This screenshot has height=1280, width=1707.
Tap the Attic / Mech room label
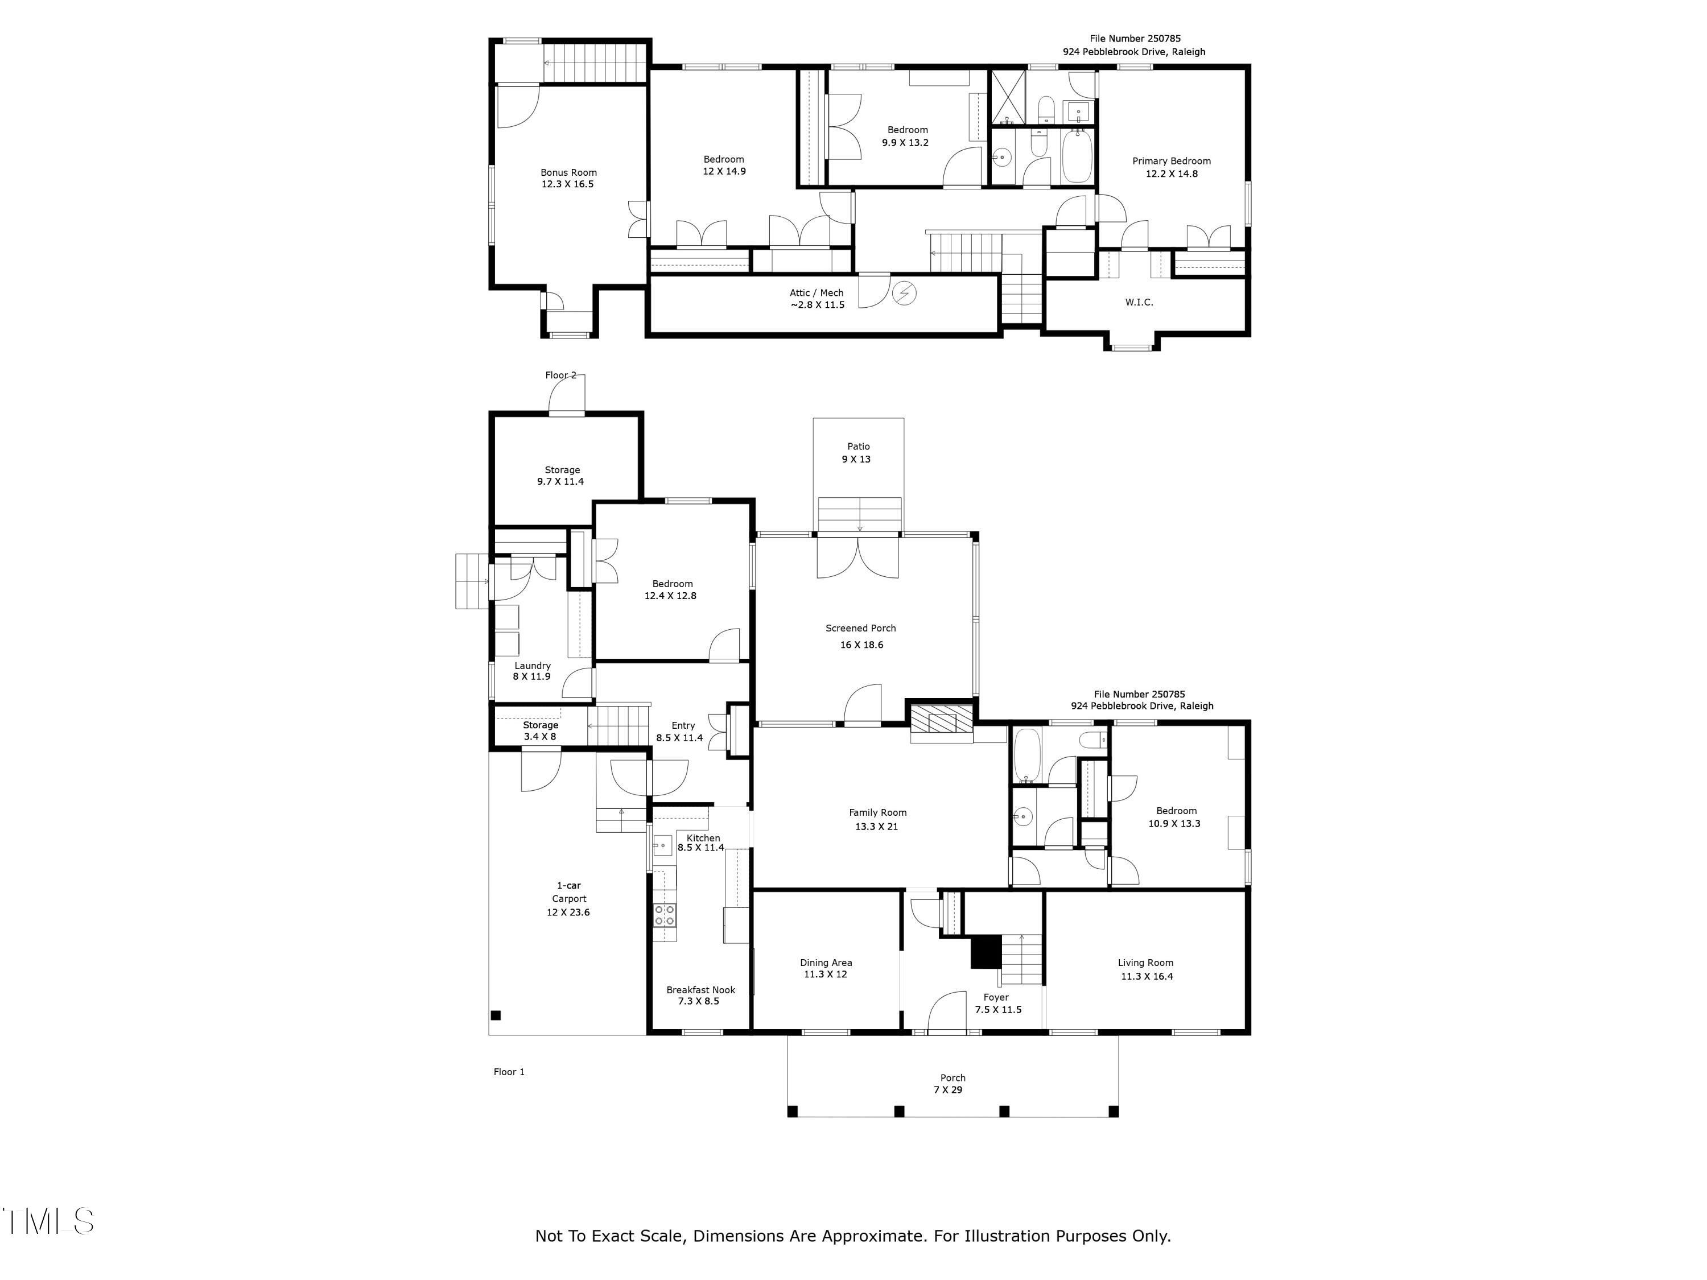817,292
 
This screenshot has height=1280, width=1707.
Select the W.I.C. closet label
1139,302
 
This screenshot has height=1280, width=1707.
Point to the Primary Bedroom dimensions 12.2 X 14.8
1172,174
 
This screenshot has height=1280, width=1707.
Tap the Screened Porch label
860,628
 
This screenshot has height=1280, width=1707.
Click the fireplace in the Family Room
942,721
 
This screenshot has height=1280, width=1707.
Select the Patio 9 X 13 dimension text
856,459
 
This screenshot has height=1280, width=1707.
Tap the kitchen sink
663,845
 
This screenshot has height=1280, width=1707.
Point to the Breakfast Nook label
700,990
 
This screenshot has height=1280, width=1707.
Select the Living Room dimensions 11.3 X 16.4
1147,976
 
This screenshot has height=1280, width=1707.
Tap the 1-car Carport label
569,892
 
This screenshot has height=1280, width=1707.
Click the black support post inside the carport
496,1015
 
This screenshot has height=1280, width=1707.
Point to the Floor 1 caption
509,1072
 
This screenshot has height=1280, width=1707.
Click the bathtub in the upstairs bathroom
1077,156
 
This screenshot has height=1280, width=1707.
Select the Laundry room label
533,665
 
